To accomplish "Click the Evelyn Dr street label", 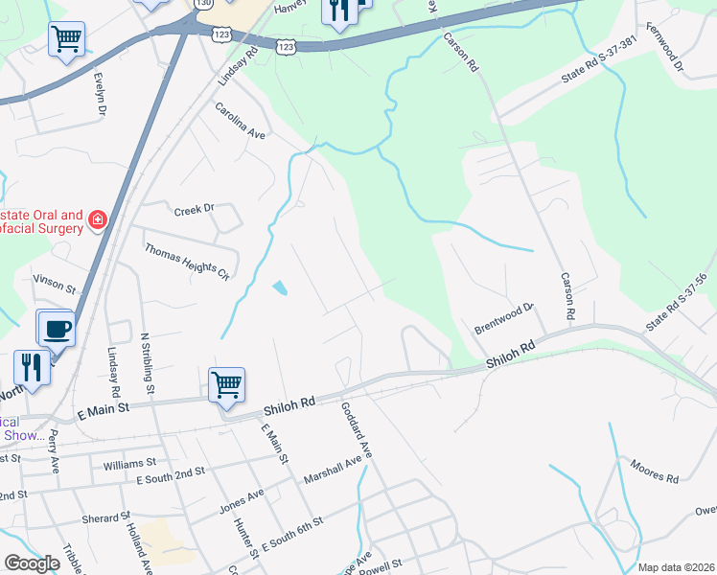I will pyautogui.click(x=99, y=93).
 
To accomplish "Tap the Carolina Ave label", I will pyautogui.click(x=239, y=121).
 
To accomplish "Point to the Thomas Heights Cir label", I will pyautogui.click(x=187, y=262).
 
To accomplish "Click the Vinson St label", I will pyautogui.click(x=54, y=284).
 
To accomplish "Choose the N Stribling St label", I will pyautogui.click(x=147, y=363).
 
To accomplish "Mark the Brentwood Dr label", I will pyautogui.click(x=503, y=319).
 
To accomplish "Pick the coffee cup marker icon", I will pyautogui.click(x=56, y=328).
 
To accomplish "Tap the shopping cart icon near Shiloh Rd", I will pyautogui.click(x=226, y=384).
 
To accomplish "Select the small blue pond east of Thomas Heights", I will pyautogui.click(x=280, y=287).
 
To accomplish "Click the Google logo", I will pyautogui.click(x=32, y=563).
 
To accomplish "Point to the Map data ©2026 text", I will pyautogui.click(x=675, y=567).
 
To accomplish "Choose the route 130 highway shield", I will pyautogui.click(x=203, y=4).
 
